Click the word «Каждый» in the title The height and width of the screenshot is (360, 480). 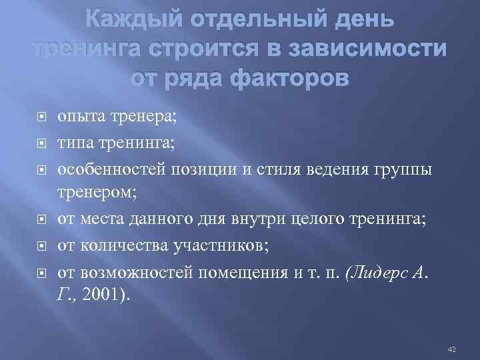(x=128, y=23)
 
